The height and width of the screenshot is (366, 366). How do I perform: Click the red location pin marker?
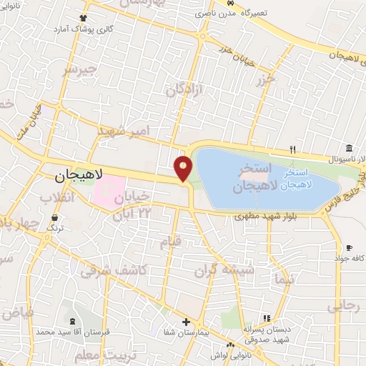coord(184,168)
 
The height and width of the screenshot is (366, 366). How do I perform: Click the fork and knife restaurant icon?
coord(292,149)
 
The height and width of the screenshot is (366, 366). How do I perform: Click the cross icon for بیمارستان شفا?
coord(186,322)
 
